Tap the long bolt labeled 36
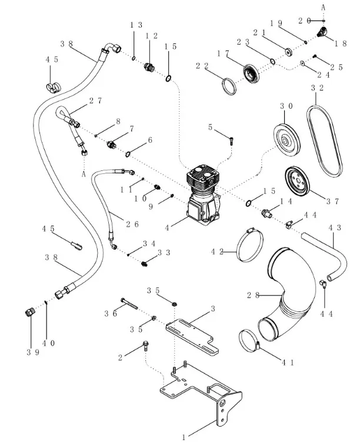point(133,304)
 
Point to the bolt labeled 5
point(232,140)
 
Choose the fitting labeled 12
point(150,68)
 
